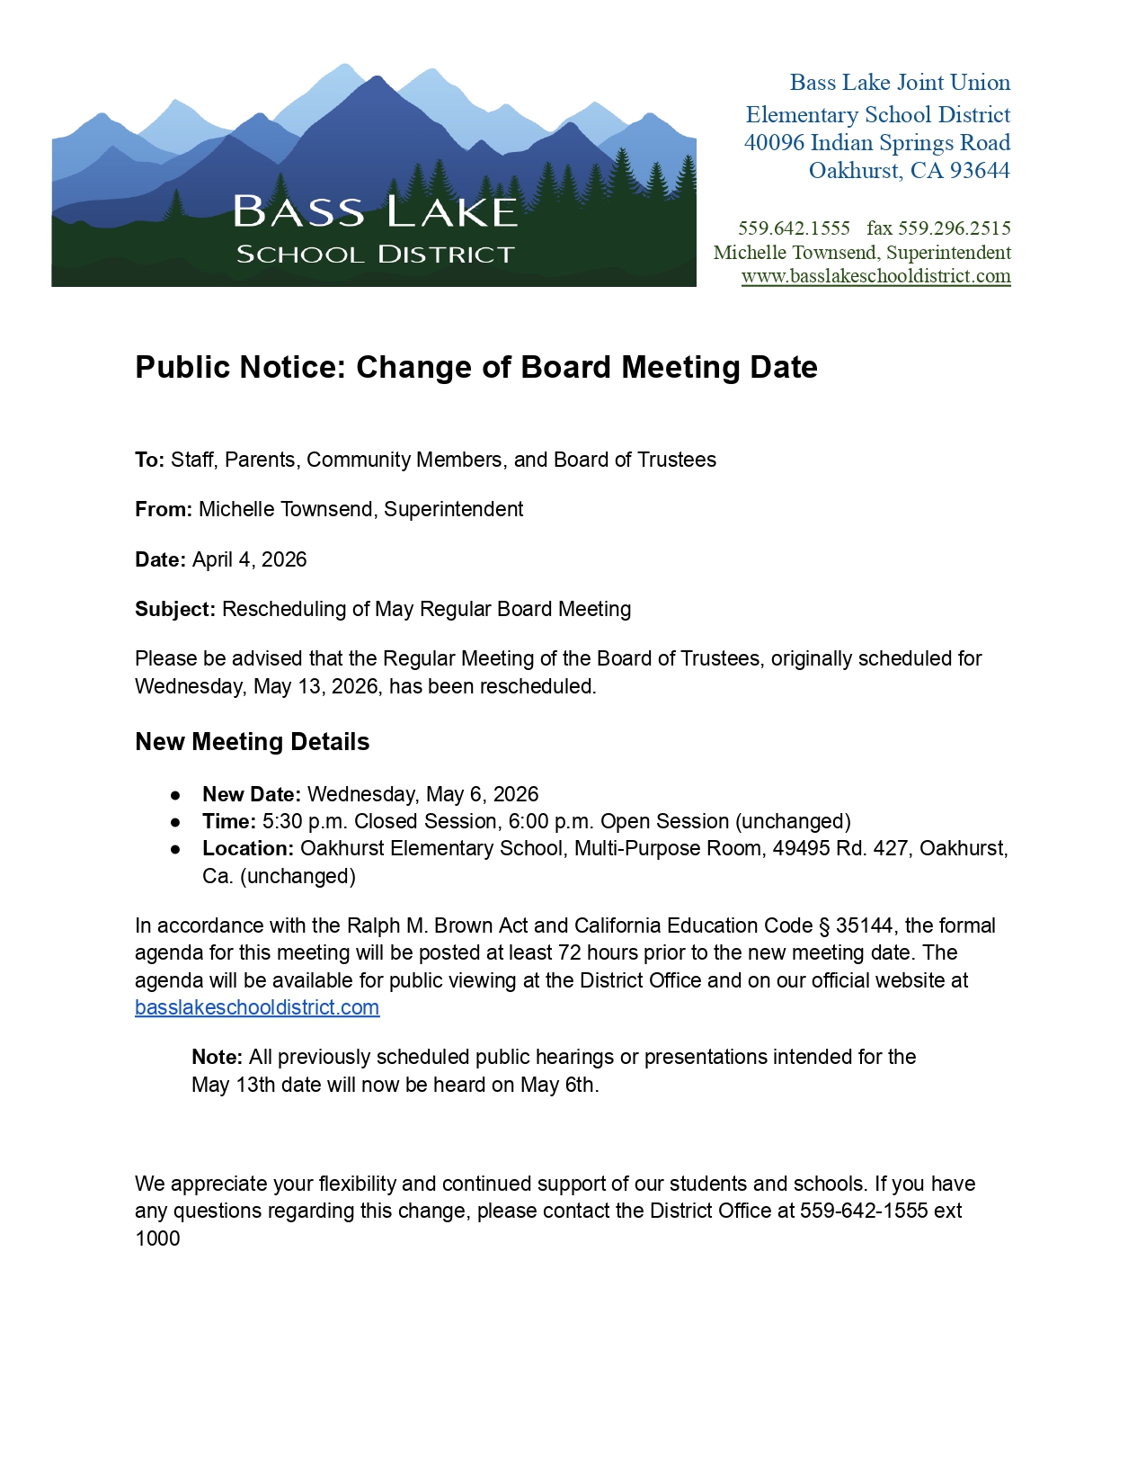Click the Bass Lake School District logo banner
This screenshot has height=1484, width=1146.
click(x=374, y=175)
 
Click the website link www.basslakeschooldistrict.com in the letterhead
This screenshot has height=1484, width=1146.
click(x=875, y=276)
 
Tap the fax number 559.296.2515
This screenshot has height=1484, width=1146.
click(x=954, y=228)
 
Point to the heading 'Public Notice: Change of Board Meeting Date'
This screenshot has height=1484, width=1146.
click(x=476, y=368)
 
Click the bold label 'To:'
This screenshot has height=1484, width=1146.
click(x=149, y=460)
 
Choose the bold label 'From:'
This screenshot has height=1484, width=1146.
click(x=163, y=510)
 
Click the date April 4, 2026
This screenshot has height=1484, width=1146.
click(x=250, y=559)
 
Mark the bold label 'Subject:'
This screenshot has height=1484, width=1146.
click(x=175, y=610)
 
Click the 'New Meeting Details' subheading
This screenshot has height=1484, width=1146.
click(x=252, y=742)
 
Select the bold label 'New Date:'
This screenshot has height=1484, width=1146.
click(x=251, y=795)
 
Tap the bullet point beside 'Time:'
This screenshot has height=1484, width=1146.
click(x=175, y=822)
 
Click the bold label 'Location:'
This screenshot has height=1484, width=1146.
click(x=248, y=849)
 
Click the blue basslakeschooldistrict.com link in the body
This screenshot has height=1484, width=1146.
click(x=257, y=1008)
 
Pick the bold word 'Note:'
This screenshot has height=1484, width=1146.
click(x=217, y=1058)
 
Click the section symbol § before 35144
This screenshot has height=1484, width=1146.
click(x=823, y=926)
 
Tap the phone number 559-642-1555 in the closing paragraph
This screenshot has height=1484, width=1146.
click(x=864, y=1211)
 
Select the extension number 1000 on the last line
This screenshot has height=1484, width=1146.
click(x=157, y=1239)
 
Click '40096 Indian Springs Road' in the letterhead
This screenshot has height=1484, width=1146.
click(x=876, y=143)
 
